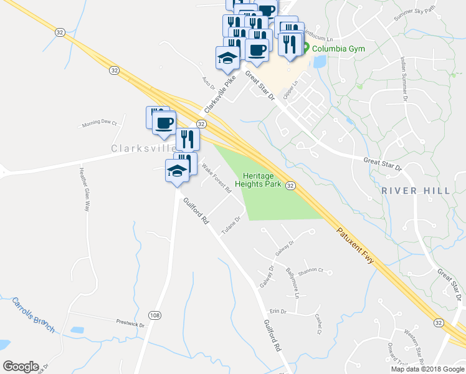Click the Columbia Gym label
click(x=338, y=49)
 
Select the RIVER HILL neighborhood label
click(x=416, y=190)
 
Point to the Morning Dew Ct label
click(x=100, y=123)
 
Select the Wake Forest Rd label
click(x=216, y=180)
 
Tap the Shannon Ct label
click(x=311, y=271)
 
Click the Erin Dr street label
click(x=278, y=311)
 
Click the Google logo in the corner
click(x=21, y=367)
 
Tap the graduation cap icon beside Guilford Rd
click(x=177, y=172)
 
